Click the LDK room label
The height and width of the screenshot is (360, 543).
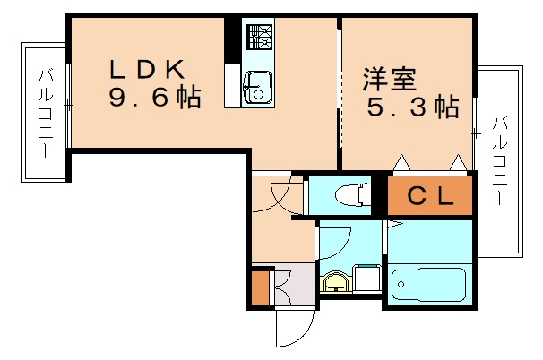click(x=147, y=67)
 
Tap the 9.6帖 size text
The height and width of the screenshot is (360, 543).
click(x=154, y=97)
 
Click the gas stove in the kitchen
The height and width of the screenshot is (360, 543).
click(x=261, y=37)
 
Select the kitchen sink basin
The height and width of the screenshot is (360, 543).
click(x=258, y=89)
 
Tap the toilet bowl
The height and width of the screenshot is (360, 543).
click(x=346, y=193)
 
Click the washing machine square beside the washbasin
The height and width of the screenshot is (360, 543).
click(x=366, y=279)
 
